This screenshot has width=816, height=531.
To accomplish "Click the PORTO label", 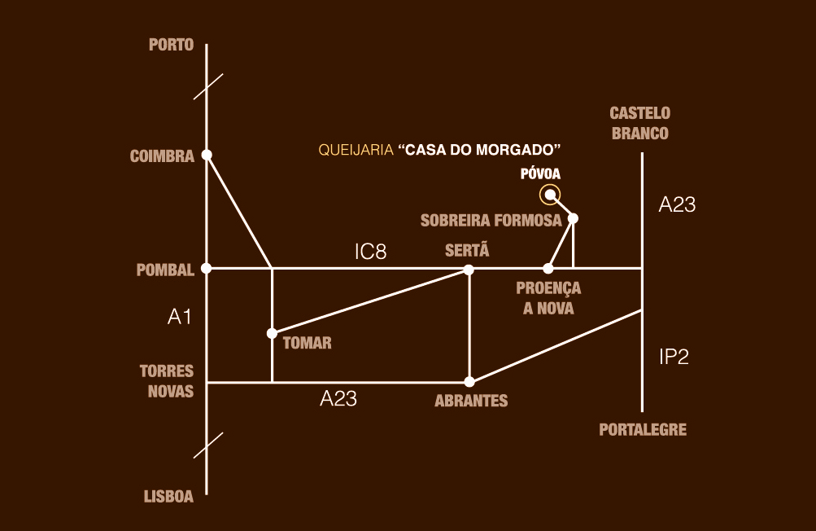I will point(171,45).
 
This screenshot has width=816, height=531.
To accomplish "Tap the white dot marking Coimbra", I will point(207,155).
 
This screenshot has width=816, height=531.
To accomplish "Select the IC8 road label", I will point(370,252).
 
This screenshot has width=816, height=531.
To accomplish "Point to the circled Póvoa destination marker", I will point(551,194).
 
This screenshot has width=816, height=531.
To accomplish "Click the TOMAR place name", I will point(307,343).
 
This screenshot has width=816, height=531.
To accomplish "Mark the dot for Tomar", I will point(272,333).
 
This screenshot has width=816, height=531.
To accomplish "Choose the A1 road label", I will point(179,317).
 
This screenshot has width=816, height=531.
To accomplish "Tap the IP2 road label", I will point(674,356).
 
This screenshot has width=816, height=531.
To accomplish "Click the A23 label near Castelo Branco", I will point(677,205).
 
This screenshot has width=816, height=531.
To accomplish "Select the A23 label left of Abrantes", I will point(338,399).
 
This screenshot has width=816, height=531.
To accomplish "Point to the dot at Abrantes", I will point(469,381).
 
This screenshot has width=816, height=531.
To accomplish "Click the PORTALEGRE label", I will point(643,429).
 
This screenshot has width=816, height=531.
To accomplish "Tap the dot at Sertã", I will point(469,269).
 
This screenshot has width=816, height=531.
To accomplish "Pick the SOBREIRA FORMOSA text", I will point(491,221).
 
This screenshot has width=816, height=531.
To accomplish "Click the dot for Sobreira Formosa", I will point(573,217).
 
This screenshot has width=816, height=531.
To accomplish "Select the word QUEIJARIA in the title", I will point(355,151).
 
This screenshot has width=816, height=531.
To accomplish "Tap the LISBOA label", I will point(168,497).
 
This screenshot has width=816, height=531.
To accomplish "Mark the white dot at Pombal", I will point(207,268).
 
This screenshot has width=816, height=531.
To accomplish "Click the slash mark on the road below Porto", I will point(207,86).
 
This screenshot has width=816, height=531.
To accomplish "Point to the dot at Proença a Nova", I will point(548,268).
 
